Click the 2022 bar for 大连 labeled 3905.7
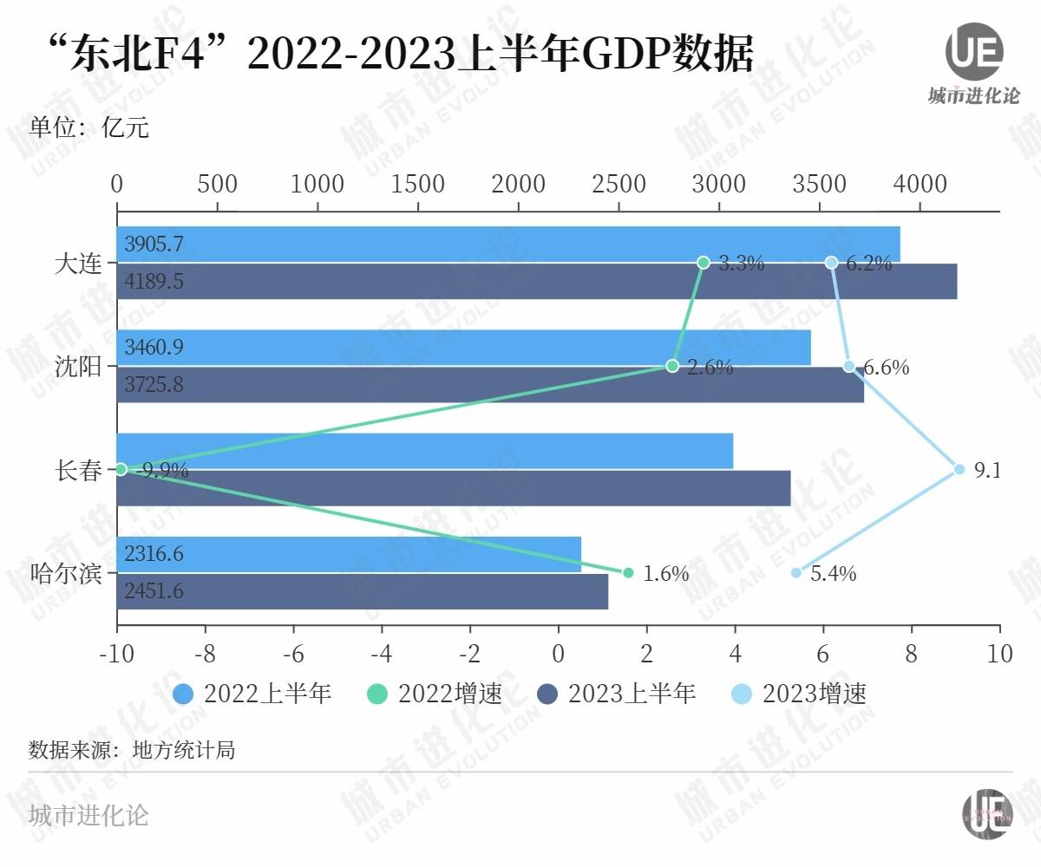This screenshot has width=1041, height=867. click(507, 244)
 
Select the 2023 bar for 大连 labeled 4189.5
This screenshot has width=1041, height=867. click(536, 281)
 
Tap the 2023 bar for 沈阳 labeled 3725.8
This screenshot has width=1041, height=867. click(490, 384)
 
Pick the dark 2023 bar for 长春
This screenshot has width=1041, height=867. click(453, 487)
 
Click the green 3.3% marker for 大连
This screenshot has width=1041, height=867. click(704, 262)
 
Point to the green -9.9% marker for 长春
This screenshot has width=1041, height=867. click(121, 469)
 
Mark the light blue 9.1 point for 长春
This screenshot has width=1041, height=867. click(959, 469)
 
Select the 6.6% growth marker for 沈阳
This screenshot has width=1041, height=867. click(849, 366)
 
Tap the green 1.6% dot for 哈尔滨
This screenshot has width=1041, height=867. click(628, 573)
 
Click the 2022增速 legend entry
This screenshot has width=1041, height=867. click(435, 694)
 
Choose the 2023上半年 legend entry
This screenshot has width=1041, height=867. click(617, 694)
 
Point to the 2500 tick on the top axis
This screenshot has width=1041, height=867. click(619, 184)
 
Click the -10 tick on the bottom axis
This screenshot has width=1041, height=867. click(117, 652)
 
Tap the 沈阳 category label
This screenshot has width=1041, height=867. click(78, 367)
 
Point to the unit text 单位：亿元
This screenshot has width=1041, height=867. click(89, 129)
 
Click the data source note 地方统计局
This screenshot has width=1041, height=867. click(131, 750)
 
